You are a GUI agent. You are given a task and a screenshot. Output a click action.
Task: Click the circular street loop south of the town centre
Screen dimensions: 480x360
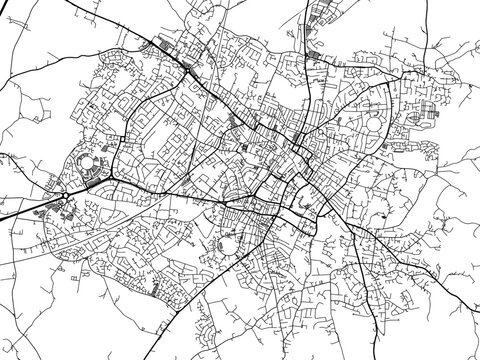[x=228, y=244]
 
